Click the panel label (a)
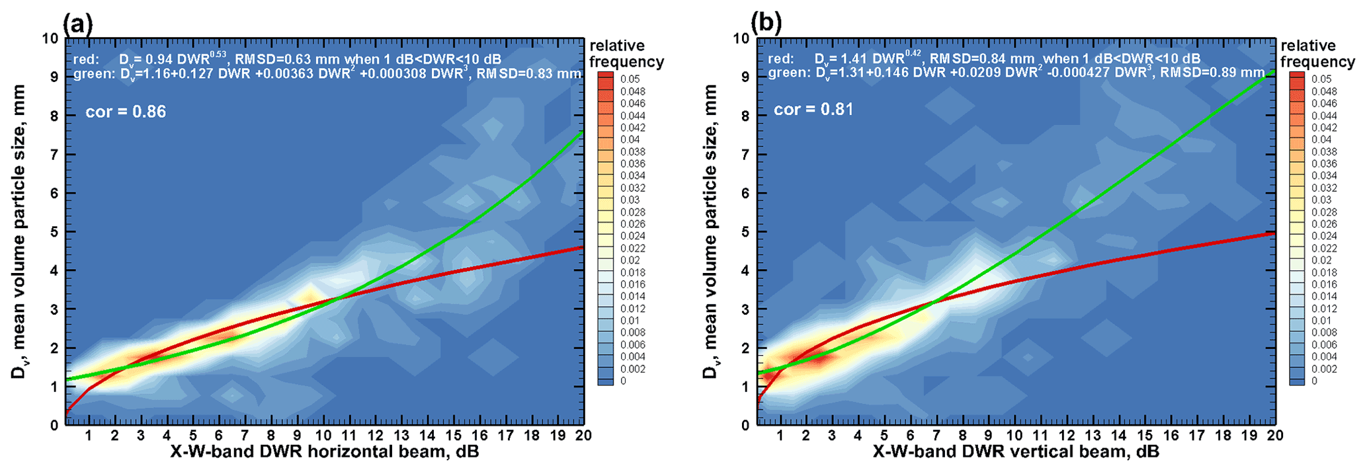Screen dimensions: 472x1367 click(x=77, y=24)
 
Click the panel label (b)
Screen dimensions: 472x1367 click(x=766, y=24)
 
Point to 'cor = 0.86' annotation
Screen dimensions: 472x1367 click(x=126, y=112)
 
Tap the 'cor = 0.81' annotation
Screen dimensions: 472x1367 click(x=813, y=109)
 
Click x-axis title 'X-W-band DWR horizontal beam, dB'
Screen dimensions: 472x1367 click(x=324, y=452)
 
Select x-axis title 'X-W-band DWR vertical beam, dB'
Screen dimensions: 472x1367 click(x=1016, y=452)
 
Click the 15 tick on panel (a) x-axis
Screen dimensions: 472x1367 click(x=453, y=436)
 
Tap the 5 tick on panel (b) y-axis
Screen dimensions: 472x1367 click(x=745, y=232)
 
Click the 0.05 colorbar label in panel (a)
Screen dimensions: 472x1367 click(x=630, y=79)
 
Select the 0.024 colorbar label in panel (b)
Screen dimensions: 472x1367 click(x=1323, y=236)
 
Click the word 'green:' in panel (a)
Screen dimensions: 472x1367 click(x=93, y=74)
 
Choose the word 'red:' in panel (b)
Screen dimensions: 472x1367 click(x=780, y=59)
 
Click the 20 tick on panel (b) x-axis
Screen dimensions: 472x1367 click(x=1274, y=436)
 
